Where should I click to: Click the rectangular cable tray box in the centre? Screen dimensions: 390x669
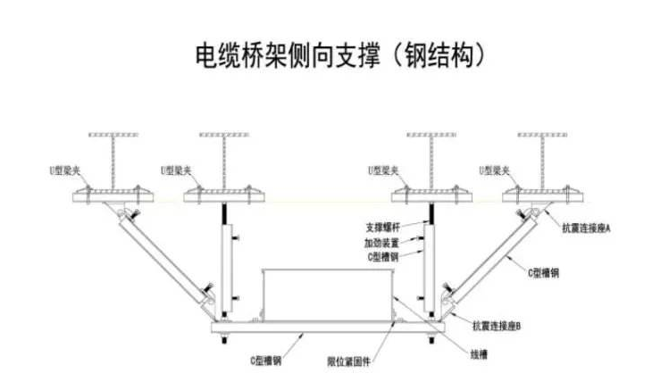[x=326, y=295]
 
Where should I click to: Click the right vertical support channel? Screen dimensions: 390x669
[x=432, y=268]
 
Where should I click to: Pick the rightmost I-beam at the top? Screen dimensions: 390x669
[x=542, y=161]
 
